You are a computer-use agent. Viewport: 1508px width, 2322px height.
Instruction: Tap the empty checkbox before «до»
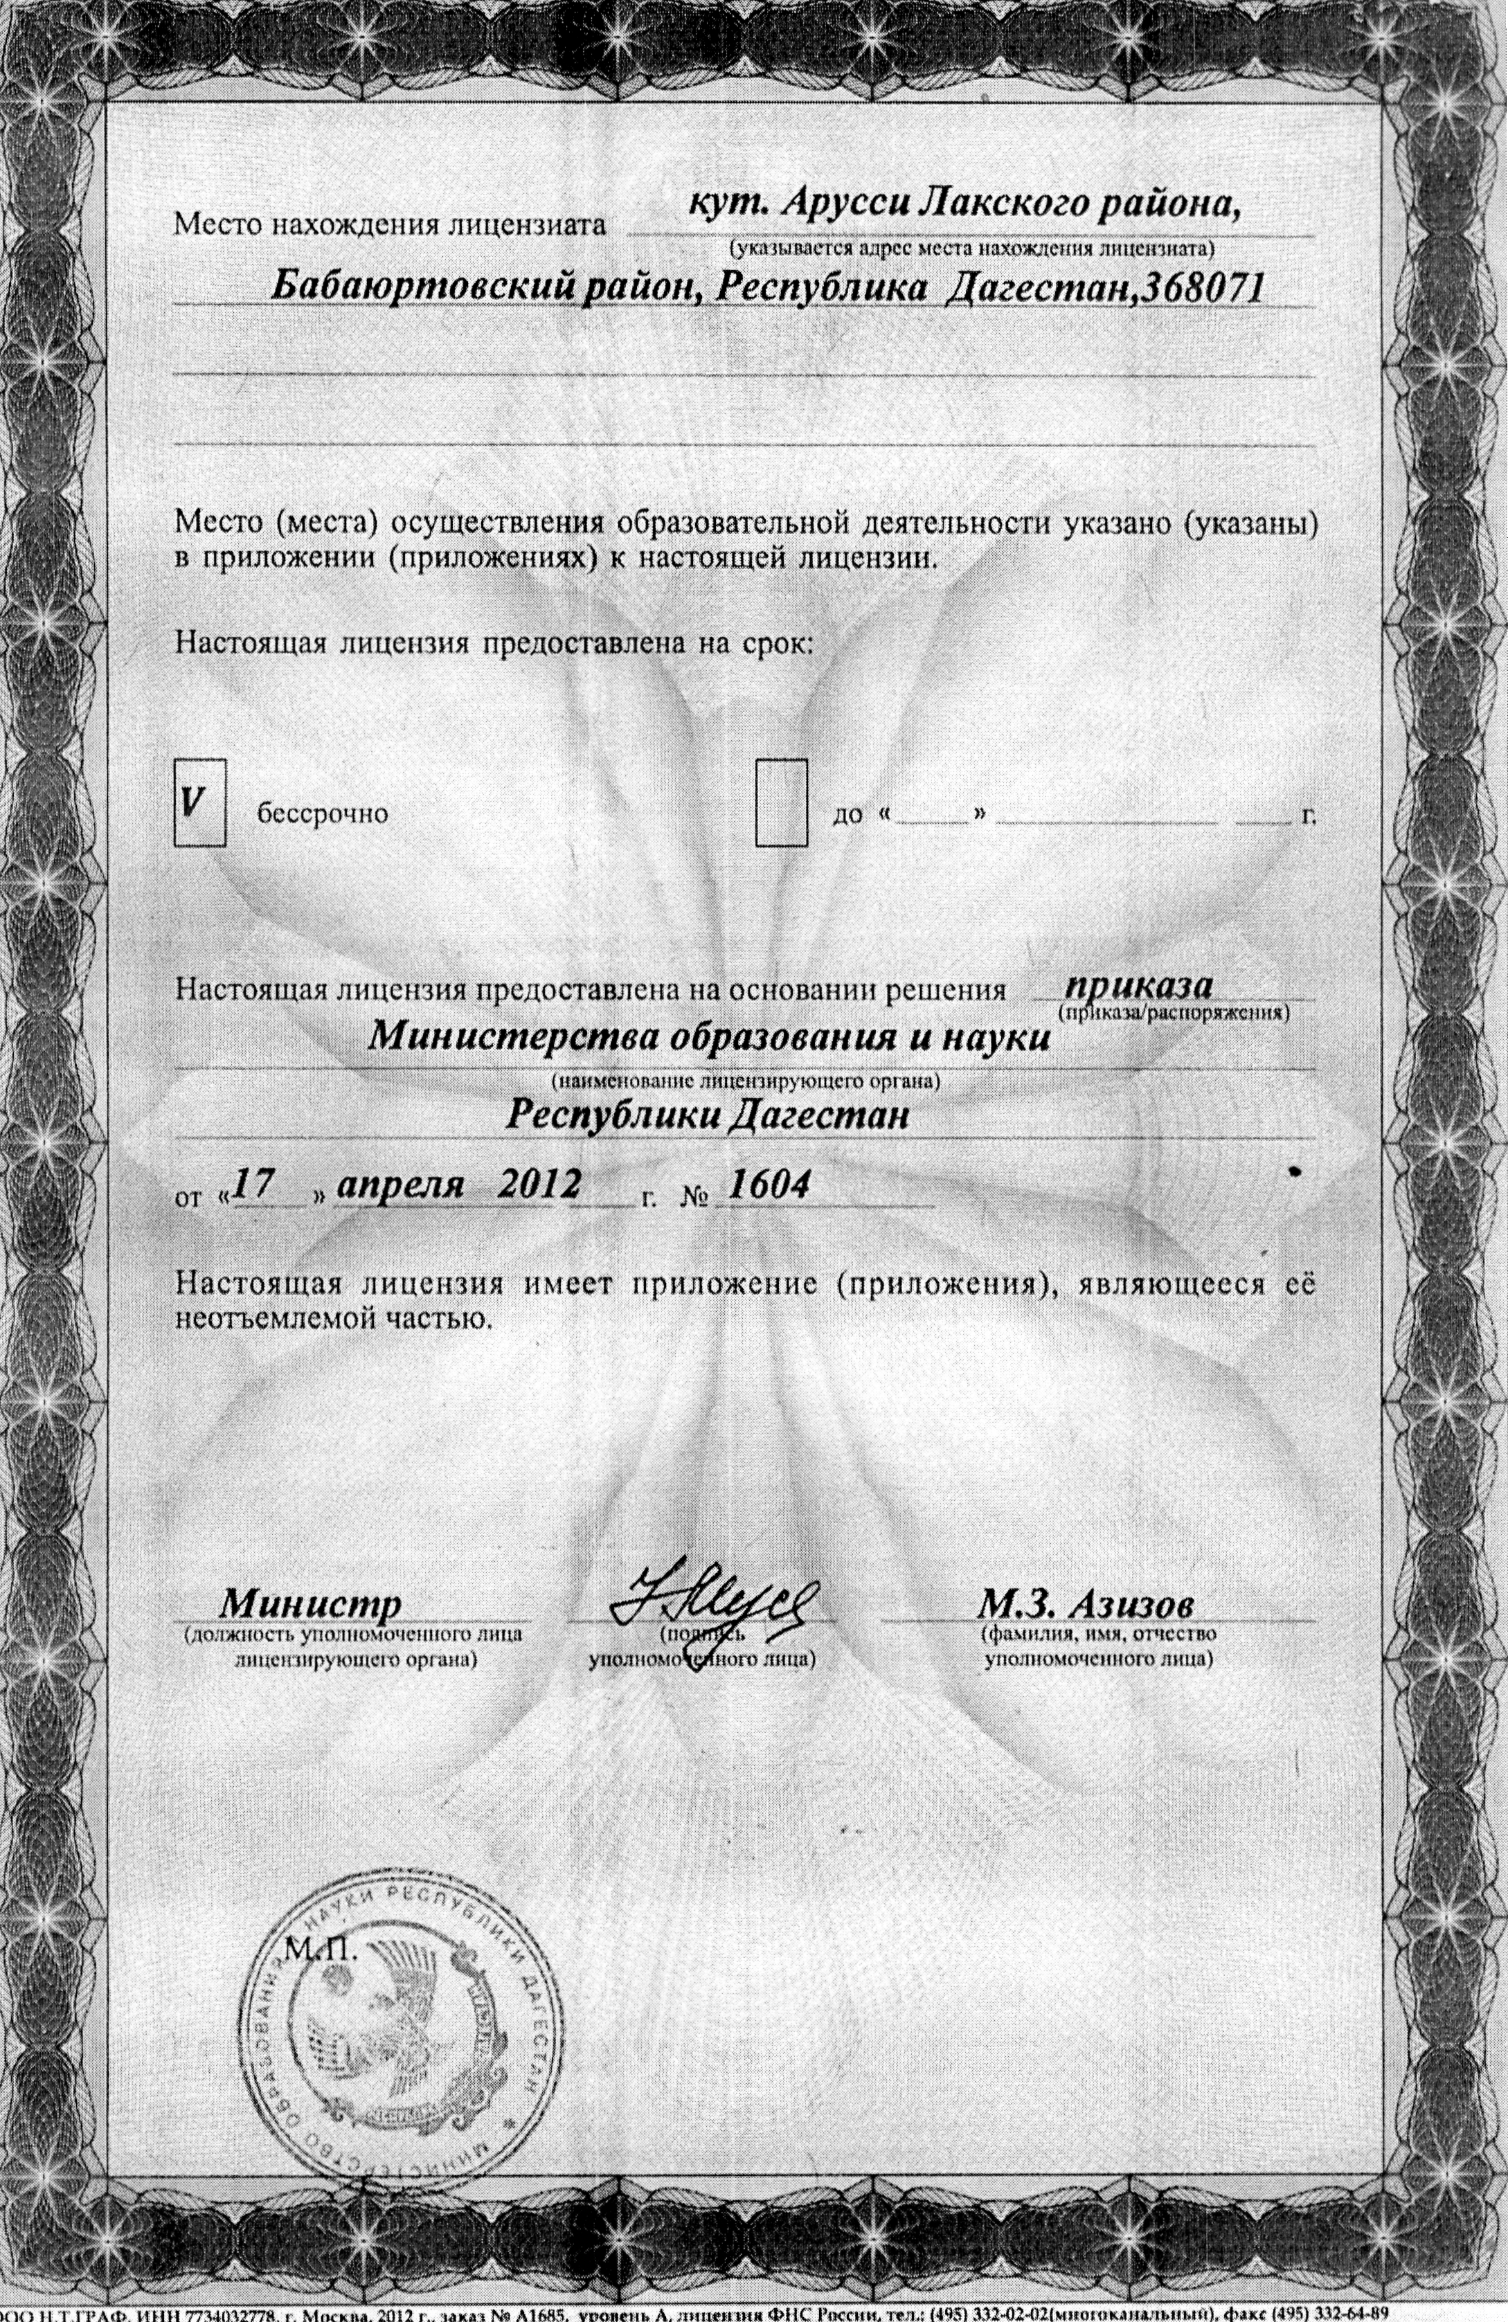tap(781, 802)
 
